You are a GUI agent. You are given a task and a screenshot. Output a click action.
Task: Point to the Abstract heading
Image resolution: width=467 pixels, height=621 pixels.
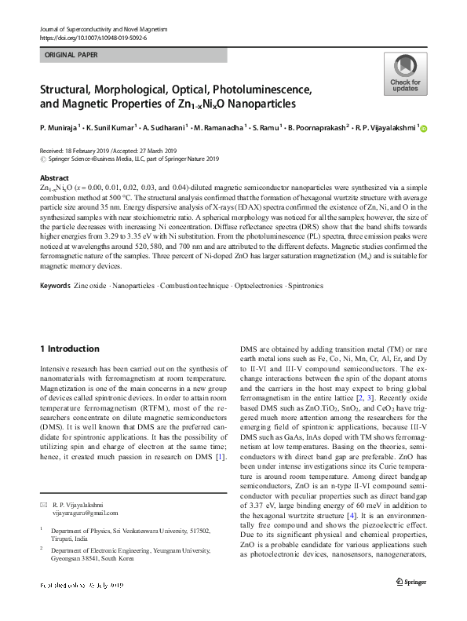point(54,178)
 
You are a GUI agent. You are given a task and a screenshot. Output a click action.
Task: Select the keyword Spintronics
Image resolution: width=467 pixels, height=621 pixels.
point(305,285)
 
